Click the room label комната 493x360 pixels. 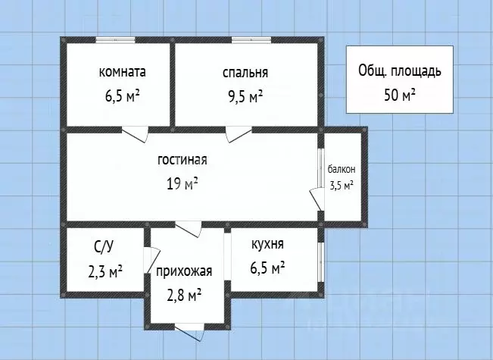point(122,73)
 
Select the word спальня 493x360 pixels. point(245,74)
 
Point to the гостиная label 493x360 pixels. point(182,160)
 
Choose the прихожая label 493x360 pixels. point(184,271)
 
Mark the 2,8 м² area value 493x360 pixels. point(184,294)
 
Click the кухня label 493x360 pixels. point(267,244)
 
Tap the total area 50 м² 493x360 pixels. point(399,95)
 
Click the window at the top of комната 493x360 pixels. point(115,40)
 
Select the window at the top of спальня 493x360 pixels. point(247,40)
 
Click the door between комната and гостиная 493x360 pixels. point(136,133)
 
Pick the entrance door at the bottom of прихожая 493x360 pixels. point(186,330)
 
